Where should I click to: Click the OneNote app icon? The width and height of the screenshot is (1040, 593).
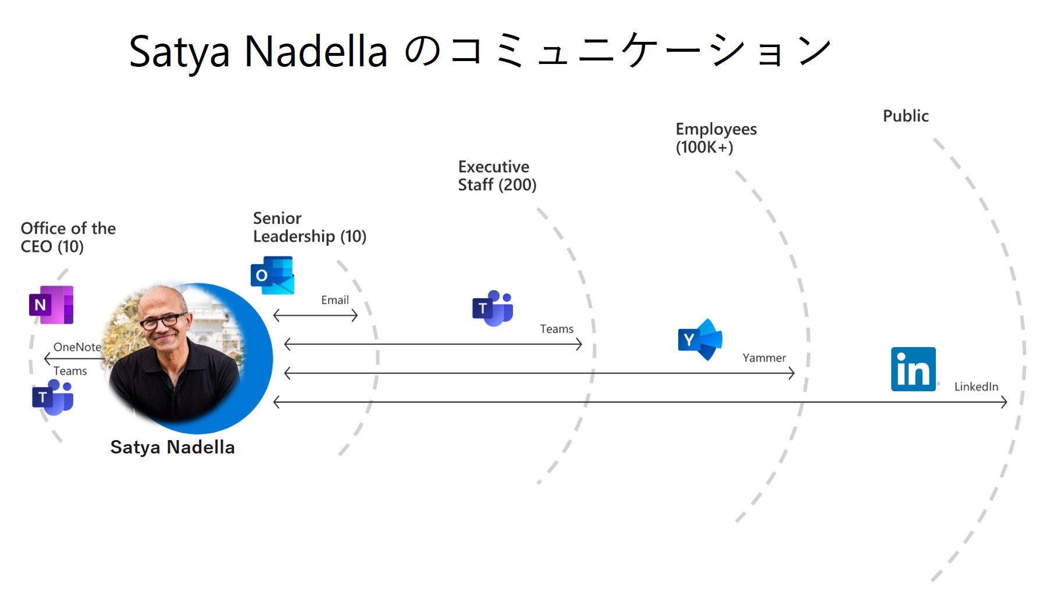click(51, 305)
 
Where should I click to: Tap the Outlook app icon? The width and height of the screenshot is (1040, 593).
click(272, 275)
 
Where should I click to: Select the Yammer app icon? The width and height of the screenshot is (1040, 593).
click(700, 340)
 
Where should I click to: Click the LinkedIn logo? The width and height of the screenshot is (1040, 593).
click(914, 369)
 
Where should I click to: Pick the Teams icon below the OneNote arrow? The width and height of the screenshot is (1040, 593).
click(53, 397)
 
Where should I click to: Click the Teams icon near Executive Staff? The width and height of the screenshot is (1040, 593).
click(493, 308)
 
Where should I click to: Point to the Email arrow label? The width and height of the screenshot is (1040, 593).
click(335, 300)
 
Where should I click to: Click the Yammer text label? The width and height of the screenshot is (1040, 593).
click(764, 358)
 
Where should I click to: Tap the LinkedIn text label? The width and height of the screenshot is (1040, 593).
click(976, 387)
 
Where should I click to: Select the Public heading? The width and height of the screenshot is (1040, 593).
click(906, 116)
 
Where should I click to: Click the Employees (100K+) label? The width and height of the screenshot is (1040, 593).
click(716, 138)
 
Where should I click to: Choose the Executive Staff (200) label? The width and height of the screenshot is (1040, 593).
click(497, 176)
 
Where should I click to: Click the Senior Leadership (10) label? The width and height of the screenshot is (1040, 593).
click(309, 227)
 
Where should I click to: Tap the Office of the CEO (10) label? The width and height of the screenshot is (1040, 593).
click(68, 237)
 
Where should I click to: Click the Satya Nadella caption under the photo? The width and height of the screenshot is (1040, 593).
click(173, 447)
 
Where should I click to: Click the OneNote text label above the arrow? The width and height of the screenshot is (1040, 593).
click(77, 347)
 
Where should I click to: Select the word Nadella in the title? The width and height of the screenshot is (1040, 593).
click(316, 52)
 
